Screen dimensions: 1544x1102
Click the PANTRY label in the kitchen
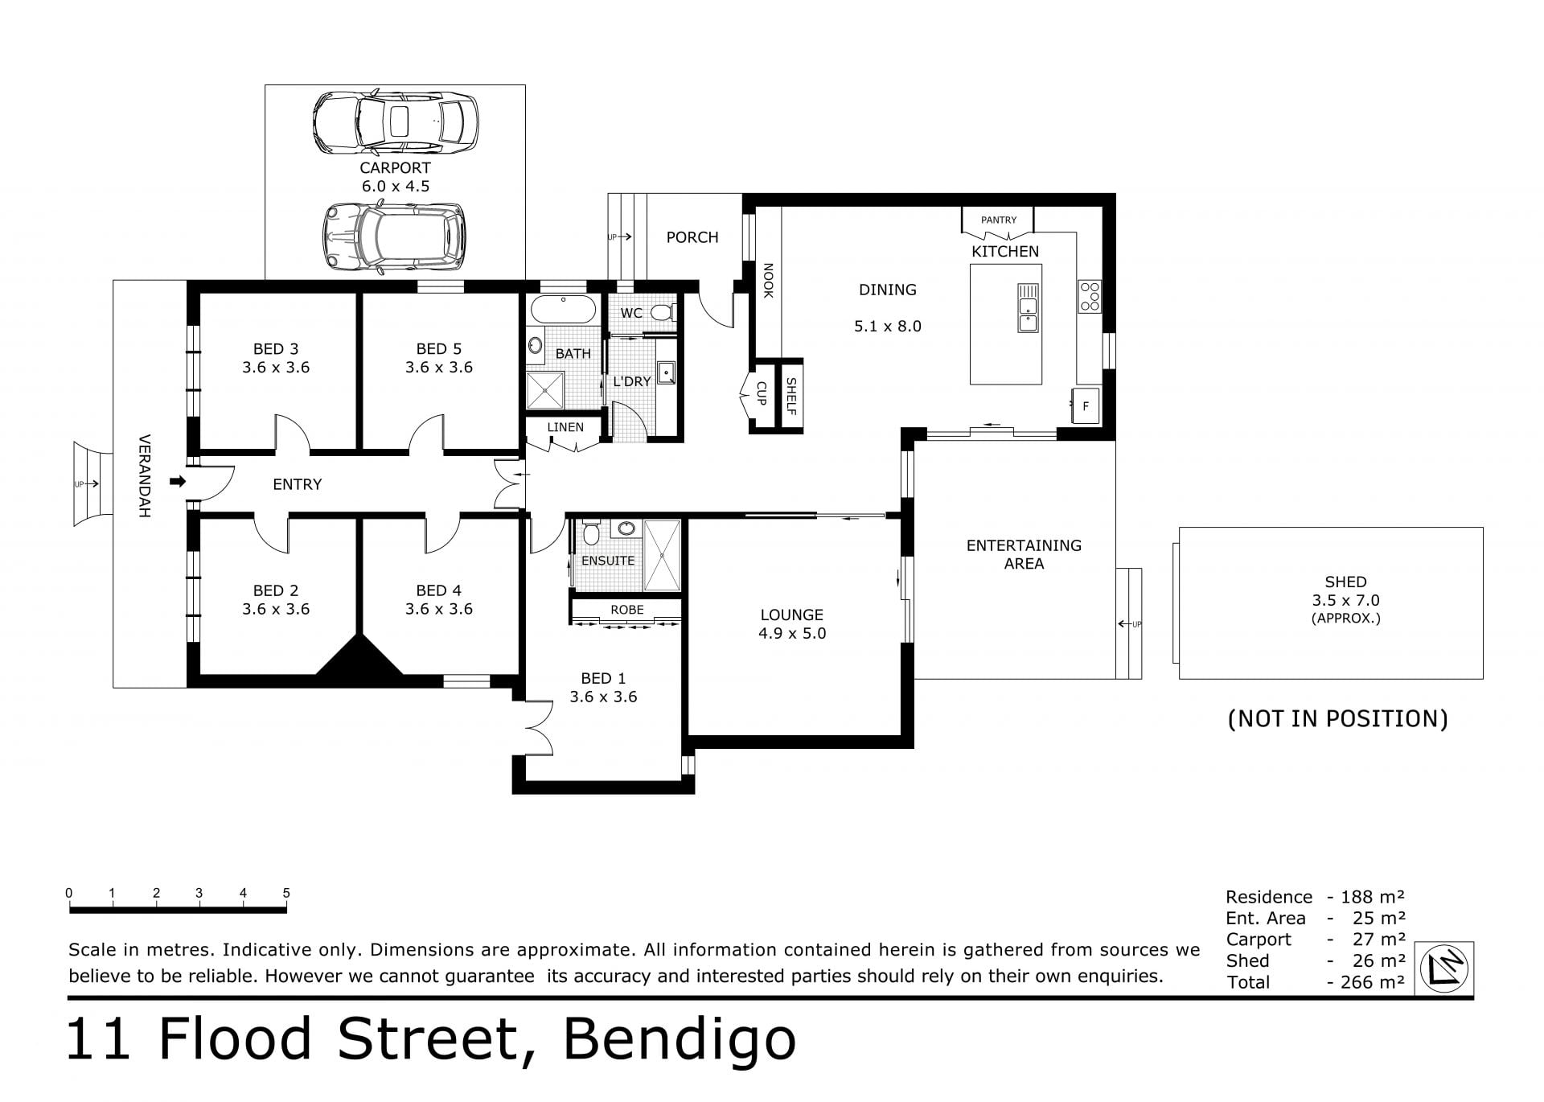[999, 220]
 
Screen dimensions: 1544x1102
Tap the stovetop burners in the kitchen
[1090, 296]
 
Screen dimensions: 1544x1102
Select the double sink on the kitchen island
[1028, 308]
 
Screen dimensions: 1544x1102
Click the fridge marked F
[1086, 406]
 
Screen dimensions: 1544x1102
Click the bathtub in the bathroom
[562, 309]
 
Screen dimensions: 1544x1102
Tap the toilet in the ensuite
[591, 532]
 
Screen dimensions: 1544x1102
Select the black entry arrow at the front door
[178, 482]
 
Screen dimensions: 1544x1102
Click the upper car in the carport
[395, 123]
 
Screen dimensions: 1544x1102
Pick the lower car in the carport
[394, 236]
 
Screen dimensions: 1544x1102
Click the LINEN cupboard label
[565, 427]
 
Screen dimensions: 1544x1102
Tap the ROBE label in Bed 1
[627, 610]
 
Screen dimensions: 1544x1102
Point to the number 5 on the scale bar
[286, 893]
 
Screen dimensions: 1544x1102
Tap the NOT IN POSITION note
[1337, 718]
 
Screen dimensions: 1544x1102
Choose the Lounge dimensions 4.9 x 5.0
[792, 633]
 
